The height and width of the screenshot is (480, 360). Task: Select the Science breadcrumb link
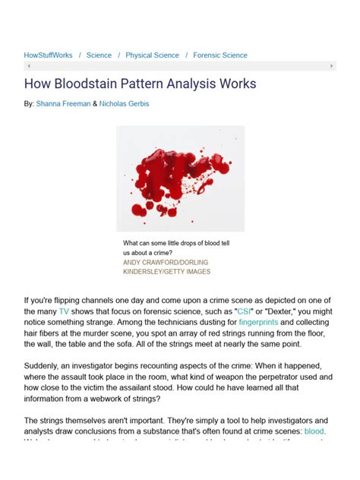pyautogui.click(x=99, y=55)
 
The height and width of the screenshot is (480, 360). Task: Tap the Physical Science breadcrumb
pyautogui.click(x=152, y=55)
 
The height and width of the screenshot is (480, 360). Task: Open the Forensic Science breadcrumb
pyautogui.click(x=219, y=55)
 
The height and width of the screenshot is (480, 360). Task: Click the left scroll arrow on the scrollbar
pyautogui.click(x=28, y=66)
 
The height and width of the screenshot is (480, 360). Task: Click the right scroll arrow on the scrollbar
pyautogui.click(x=331, y=66)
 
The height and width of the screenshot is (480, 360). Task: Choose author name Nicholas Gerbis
pyautogui.click(x=124, y=103)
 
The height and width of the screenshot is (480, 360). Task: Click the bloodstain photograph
pyautogui.click(x=180, y=178)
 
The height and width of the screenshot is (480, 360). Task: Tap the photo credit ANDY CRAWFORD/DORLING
pyautogui.click(x=166, y=262)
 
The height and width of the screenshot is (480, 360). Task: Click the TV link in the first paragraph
pyautogui.click(x=64, y=311)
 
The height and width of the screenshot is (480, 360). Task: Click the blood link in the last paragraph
pyautogui.click(x=314, y=431)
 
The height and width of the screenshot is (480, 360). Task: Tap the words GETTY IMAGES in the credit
pyautogui.click(x=186, y=271)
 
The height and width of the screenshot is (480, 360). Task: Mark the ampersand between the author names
pyautogui.click(x=95, y=103)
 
